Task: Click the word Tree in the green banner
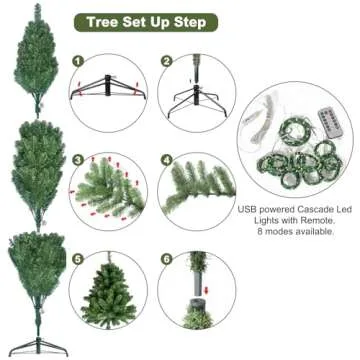(x=104, y=22)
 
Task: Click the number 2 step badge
(x=166, y=61)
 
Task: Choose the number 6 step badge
(x=166, y=258)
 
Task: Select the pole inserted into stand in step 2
(x=196, y=80)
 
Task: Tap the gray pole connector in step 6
(x=195, y=300)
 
